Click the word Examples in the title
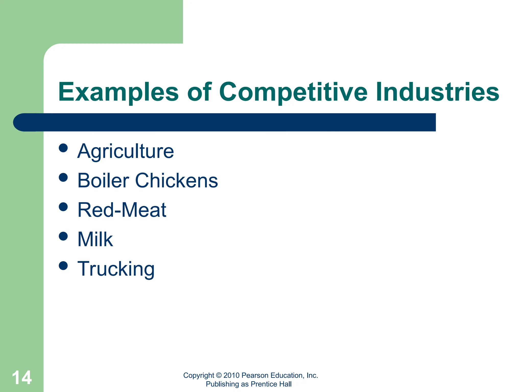pos(118,92)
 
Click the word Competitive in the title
pos(293,92)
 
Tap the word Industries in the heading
pos(437,92)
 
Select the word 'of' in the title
pos(199,92)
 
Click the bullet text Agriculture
pos(125,151)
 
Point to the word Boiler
pos(103,180)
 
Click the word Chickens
pos(176,180)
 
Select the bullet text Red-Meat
pos(122,210)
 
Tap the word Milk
pos(95,239)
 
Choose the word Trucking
pos(116,269)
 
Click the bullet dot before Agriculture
pos(63,148)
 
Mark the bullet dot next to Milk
pos(63,236)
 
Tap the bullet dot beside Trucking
pos(63,266)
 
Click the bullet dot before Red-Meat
pos(63,207)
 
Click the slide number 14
pos(22,378)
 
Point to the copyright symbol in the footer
pos(219,375)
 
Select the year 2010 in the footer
pos(231,375)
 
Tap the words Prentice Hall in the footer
pos(271,384)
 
